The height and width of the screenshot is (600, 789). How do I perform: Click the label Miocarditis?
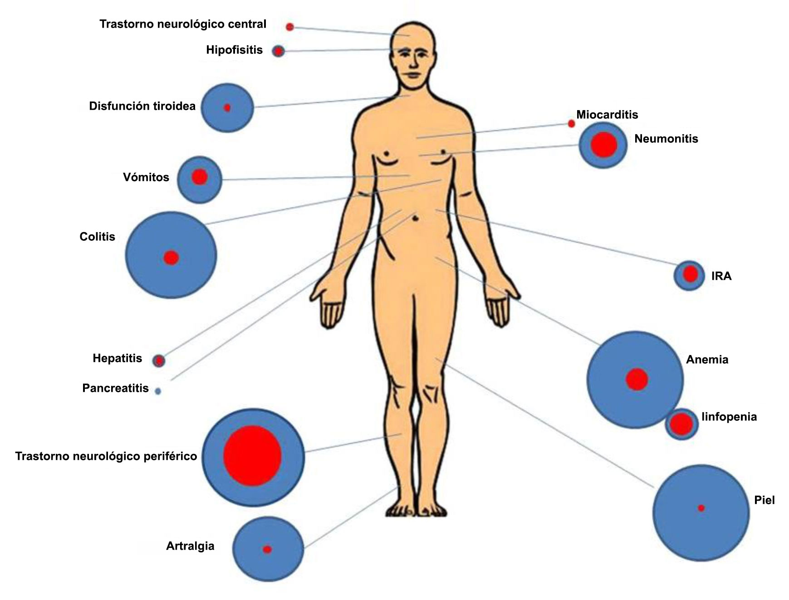click(x=607, y=115)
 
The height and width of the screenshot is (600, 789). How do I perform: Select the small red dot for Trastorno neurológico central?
click(x=290, y=27)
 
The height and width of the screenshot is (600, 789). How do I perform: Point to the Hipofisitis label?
click(x=234, y=50)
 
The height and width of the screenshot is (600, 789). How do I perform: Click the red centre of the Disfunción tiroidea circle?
click(x=227, y=108)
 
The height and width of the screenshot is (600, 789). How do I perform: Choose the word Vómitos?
click(x=146, y=177)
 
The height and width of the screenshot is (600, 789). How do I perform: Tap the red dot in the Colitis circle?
click(x=171, y=258)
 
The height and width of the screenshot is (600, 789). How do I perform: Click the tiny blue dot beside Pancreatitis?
click(x=158, y=391)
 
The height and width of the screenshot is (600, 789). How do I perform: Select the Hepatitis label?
click(x=118, y=358)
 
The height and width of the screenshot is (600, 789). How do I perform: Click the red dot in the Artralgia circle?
click(x=267, y=550)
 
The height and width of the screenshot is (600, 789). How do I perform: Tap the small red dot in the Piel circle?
click(x=701, y=508)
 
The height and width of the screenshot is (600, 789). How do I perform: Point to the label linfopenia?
click(x=729, y=417)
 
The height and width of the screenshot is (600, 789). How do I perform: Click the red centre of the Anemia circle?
click(x=637, y=380)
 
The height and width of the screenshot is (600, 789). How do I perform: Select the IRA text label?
click(x=721, y=276)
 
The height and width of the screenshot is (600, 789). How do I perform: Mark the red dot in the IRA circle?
click(x=690, y=274)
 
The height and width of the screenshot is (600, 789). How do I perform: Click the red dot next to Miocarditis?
click(x=571, y=124)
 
